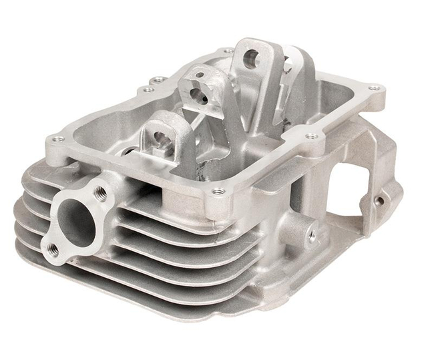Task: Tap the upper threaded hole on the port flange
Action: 101,193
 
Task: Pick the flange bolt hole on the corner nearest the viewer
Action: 217,192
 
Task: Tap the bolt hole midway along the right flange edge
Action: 311,136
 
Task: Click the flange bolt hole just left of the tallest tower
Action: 228,51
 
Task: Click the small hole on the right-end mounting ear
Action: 380,200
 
